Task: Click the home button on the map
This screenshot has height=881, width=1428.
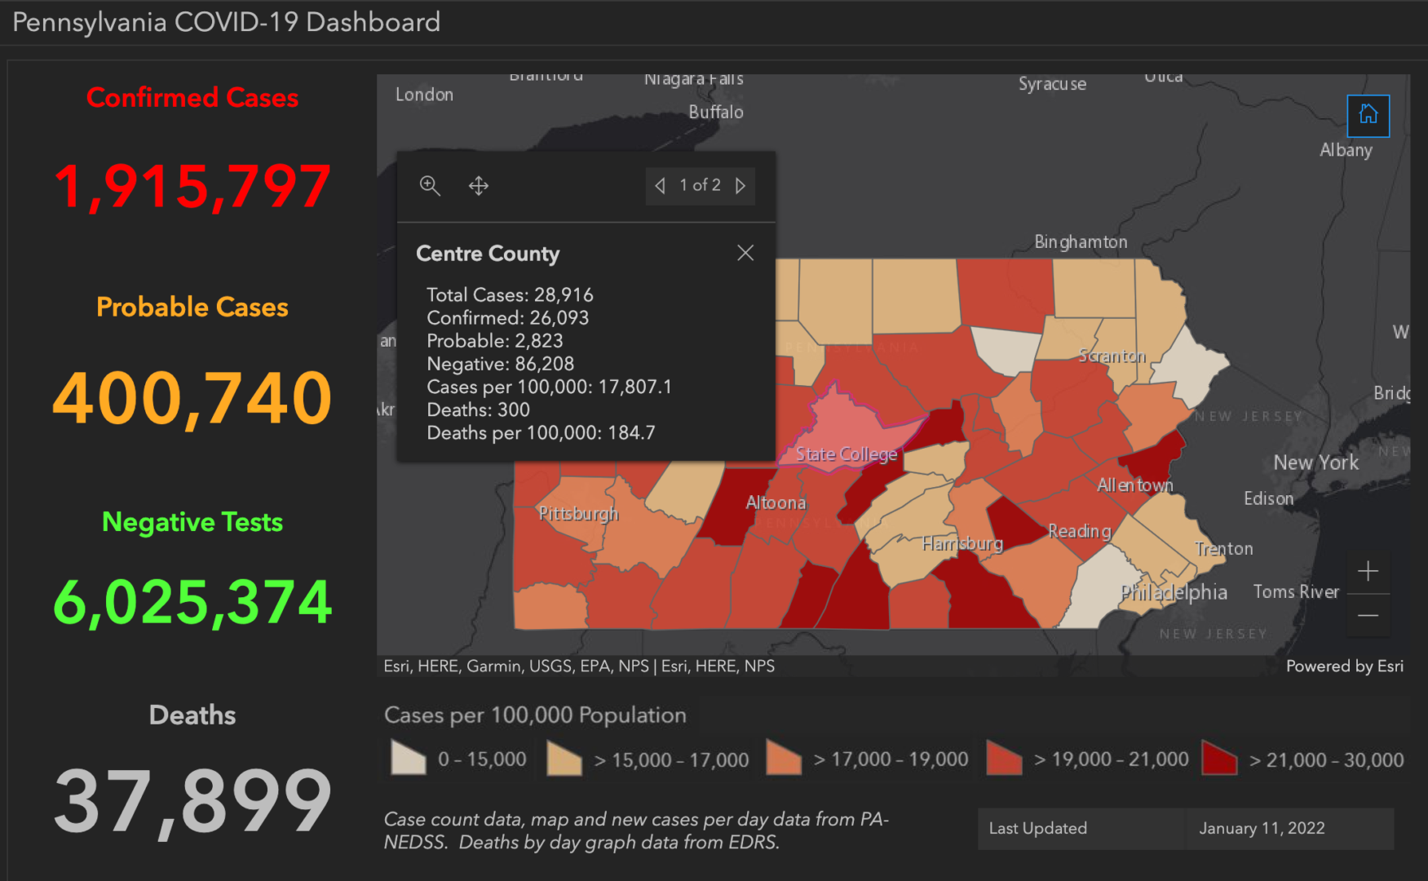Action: (1368, 115)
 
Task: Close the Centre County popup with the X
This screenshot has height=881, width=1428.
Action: (745, 253)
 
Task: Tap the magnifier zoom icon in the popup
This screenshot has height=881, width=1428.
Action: (430, 186)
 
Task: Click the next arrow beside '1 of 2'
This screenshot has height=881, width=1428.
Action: (741, 186)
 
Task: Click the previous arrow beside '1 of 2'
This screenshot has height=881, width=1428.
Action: (660, 186)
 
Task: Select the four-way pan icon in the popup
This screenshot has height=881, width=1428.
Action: (479, 186)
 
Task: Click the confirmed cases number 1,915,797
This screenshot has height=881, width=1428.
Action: (192, 187)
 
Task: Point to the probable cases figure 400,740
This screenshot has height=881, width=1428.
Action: (192, 398)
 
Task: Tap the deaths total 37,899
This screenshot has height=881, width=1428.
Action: (192, 802)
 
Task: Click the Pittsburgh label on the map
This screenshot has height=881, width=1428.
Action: (578, 514)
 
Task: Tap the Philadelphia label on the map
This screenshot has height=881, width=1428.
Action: (1174, 592)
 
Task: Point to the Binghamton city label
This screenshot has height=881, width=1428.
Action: (1081, 242)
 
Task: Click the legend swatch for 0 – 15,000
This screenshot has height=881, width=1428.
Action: (409, 758)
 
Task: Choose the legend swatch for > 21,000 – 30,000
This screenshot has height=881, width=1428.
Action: (1219, 759)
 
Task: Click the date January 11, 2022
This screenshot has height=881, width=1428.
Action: (1262, 829)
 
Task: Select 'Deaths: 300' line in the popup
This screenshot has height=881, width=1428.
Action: (478, 410)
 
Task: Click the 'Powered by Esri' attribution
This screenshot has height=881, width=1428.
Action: (1344, 666)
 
